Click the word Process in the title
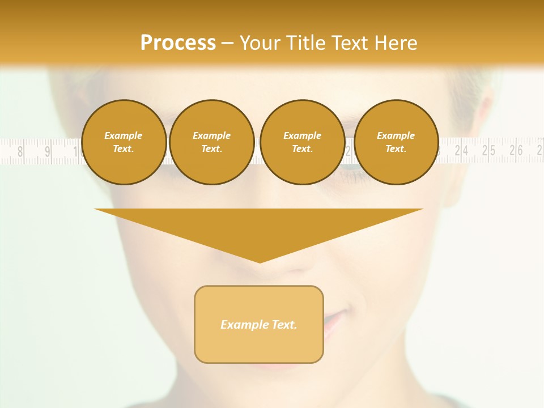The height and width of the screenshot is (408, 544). coord(178,43)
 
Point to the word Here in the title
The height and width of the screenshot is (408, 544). coord(395,43)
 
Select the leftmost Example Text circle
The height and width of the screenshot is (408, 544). coord(124,142)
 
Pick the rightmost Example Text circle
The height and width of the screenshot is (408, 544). coord(396,142)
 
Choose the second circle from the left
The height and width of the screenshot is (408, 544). coord(211,142)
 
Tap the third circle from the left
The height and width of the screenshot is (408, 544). coord(302,142)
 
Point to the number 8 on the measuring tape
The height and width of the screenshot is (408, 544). coord(21,151)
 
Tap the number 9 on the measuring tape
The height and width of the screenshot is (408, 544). coord(48,151)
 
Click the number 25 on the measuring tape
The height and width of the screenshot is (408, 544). coord(488,151)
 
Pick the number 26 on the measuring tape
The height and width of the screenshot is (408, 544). coord(516,151)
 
